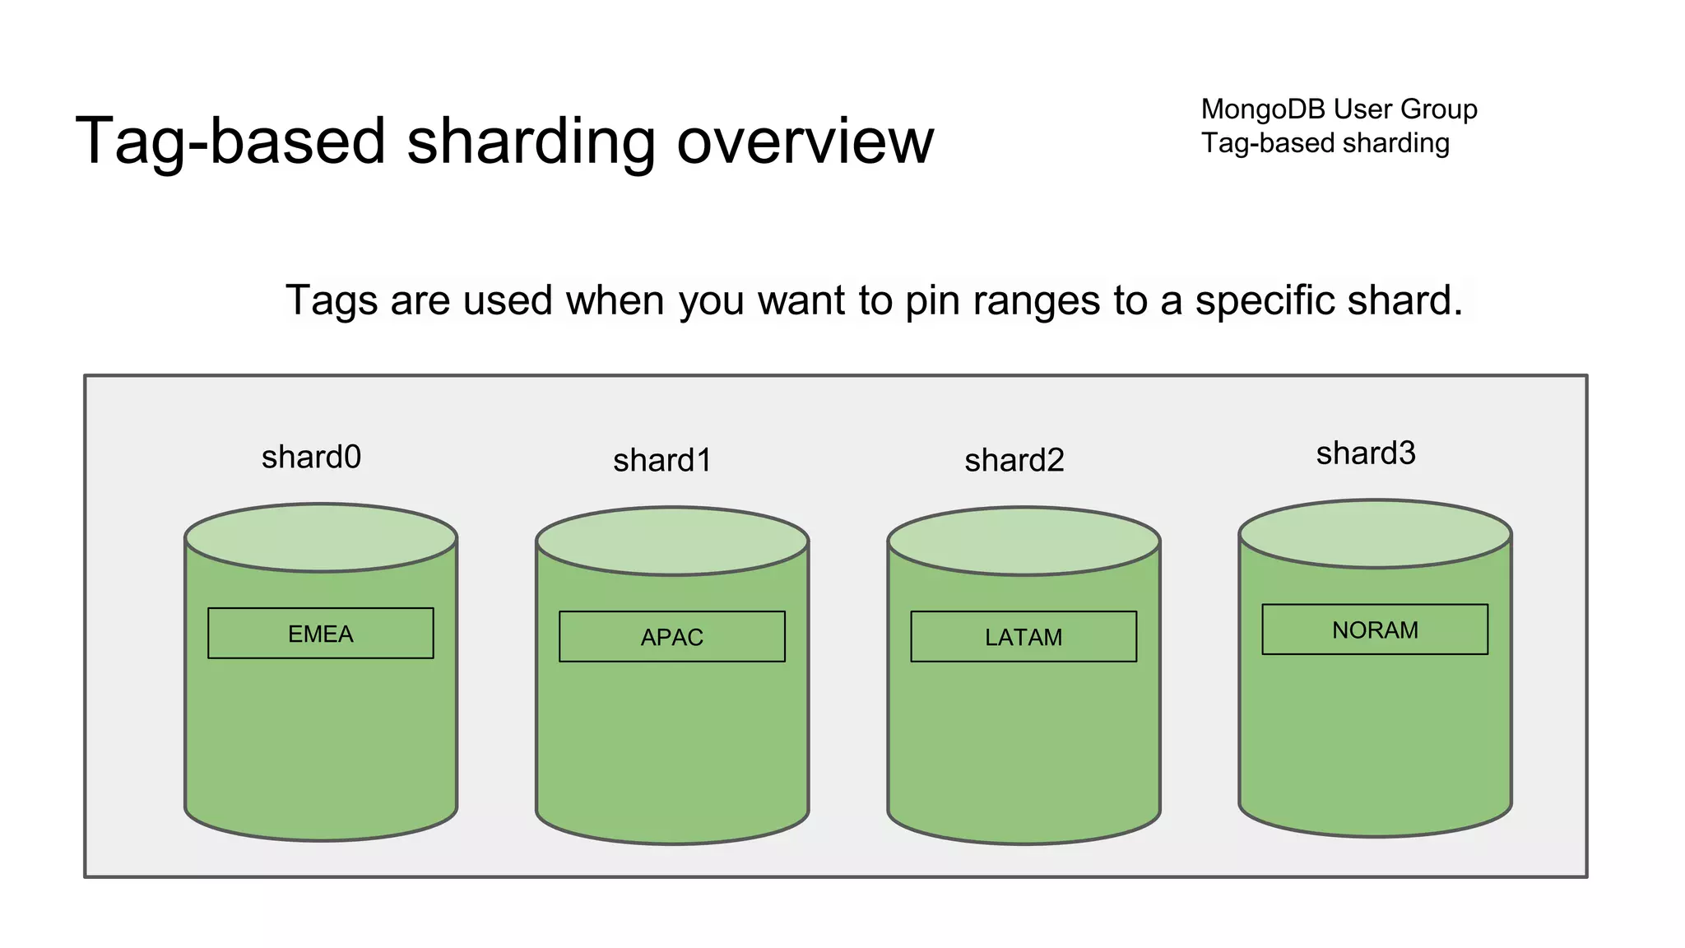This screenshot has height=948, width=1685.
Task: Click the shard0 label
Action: tap(311, 457)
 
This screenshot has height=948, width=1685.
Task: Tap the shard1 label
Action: tap(662, 460)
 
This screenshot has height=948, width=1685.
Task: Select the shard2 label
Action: tap(1014, 460)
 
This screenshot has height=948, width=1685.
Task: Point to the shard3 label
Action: tap(1366, 453)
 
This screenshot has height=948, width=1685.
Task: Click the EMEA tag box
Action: tap(321, 634)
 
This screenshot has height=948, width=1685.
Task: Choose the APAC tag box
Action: tap(672, 637)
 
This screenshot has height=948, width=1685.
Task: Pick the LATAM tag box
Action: tap(1024, 637)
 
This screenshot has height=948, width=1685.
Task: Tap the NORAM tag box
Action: tap(1375, 630)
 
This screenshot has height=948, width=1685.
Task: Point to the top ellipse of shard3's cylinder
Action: tap(1375, 534)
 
